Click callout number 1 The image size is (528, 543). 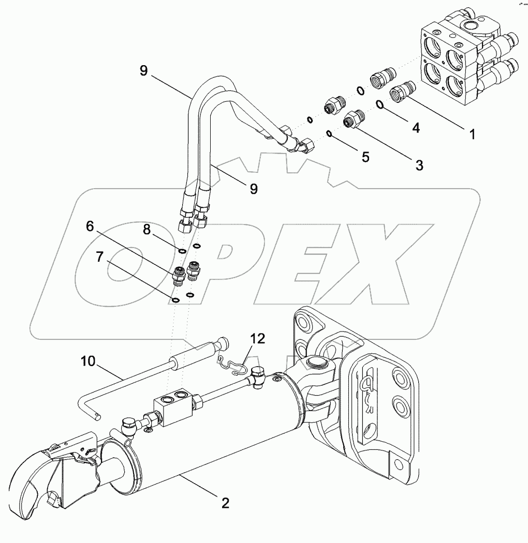point(472,134)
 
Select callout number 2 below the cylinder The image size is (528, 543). point(225,502)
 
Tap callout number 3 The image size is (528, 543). point(419,165)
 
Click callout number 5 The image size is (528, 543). point(365,157)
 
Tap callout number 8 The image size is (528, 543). point(147,230)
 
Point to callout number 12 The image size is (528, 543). point(258,339)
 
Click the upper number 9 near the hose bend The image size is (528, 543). point(144,71)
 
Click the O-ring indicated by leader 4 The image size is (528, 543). point(379,105)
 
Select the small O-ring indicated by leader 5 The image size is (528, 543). point(329,134)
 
